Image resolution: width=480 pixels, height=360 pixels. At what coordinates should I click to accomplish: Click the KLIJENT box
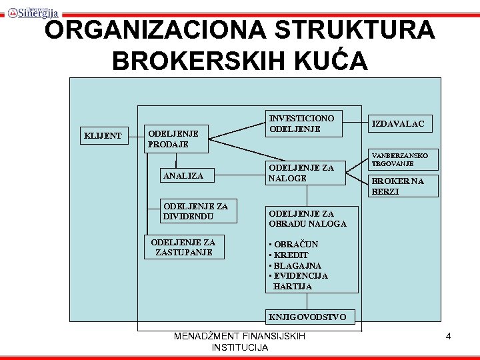click(103, 136)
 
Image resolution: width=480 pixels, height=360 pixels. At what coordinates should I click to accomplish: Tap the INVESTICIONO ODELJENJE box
click(304, 123)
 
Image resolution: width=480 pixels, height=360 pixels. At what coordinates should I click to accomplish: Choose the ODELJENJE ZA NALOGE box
click(304, 173)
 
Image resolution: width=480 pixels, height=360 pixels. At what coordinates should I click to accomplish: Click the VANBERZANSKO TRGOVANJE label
click(400, 159)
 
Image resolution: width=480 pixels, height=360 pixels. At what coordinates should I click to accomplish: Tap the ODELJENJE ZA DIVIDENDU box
click(194, 211)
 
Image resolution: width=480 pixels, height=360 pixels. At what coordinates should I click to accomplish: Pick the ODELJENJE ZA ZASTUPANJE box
click(185, 247)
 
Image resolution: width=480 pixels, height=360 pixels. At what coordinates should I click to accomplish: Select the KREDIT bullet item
click(289, 255)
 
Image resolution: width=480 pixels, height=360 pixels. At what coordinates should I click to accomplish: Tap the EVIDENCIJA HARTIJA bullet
click(298, 281)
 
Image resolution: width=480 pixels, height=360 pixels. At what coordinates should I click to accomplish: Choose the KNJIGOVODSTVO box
click(307, 317)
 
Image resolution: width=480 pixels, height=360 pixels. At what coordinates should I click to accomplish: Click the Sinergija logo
click(33, 12)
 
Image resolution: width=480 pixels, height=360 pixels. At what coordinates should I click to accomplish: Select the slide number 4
click(448, 337)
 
